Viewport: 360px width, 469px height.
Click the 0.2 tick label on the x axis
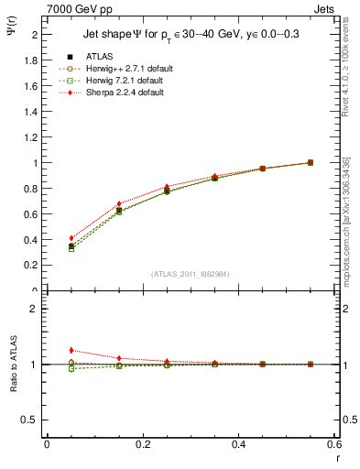[142, 443]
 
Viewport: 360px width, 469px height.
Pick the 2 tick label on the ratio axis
[35, 309]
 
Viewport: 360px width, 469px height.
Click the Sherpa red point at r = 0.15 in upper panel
[119, 203]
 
